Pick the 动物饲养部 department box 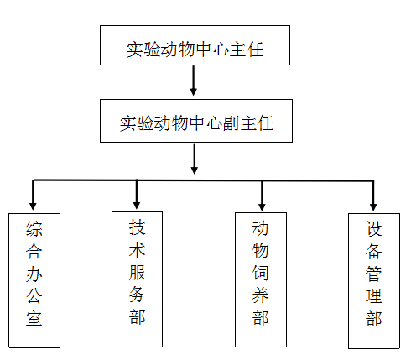click(x=262, y=279)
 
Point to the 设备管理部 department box click(x=374, y=279)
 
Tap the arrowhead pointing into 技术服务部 click(x=137, y=202)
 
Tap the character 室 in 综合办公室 click(x=34, y=320)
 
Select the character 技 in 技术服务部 click(x=137, y=227)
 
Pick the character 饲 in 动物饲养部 click(x=262, y=273)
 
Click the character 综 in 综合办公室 click(x=34, y=229)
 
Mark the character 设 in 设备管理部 click(x=374, y=228)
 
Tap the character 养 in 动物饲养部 click(x=262, y=295)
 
